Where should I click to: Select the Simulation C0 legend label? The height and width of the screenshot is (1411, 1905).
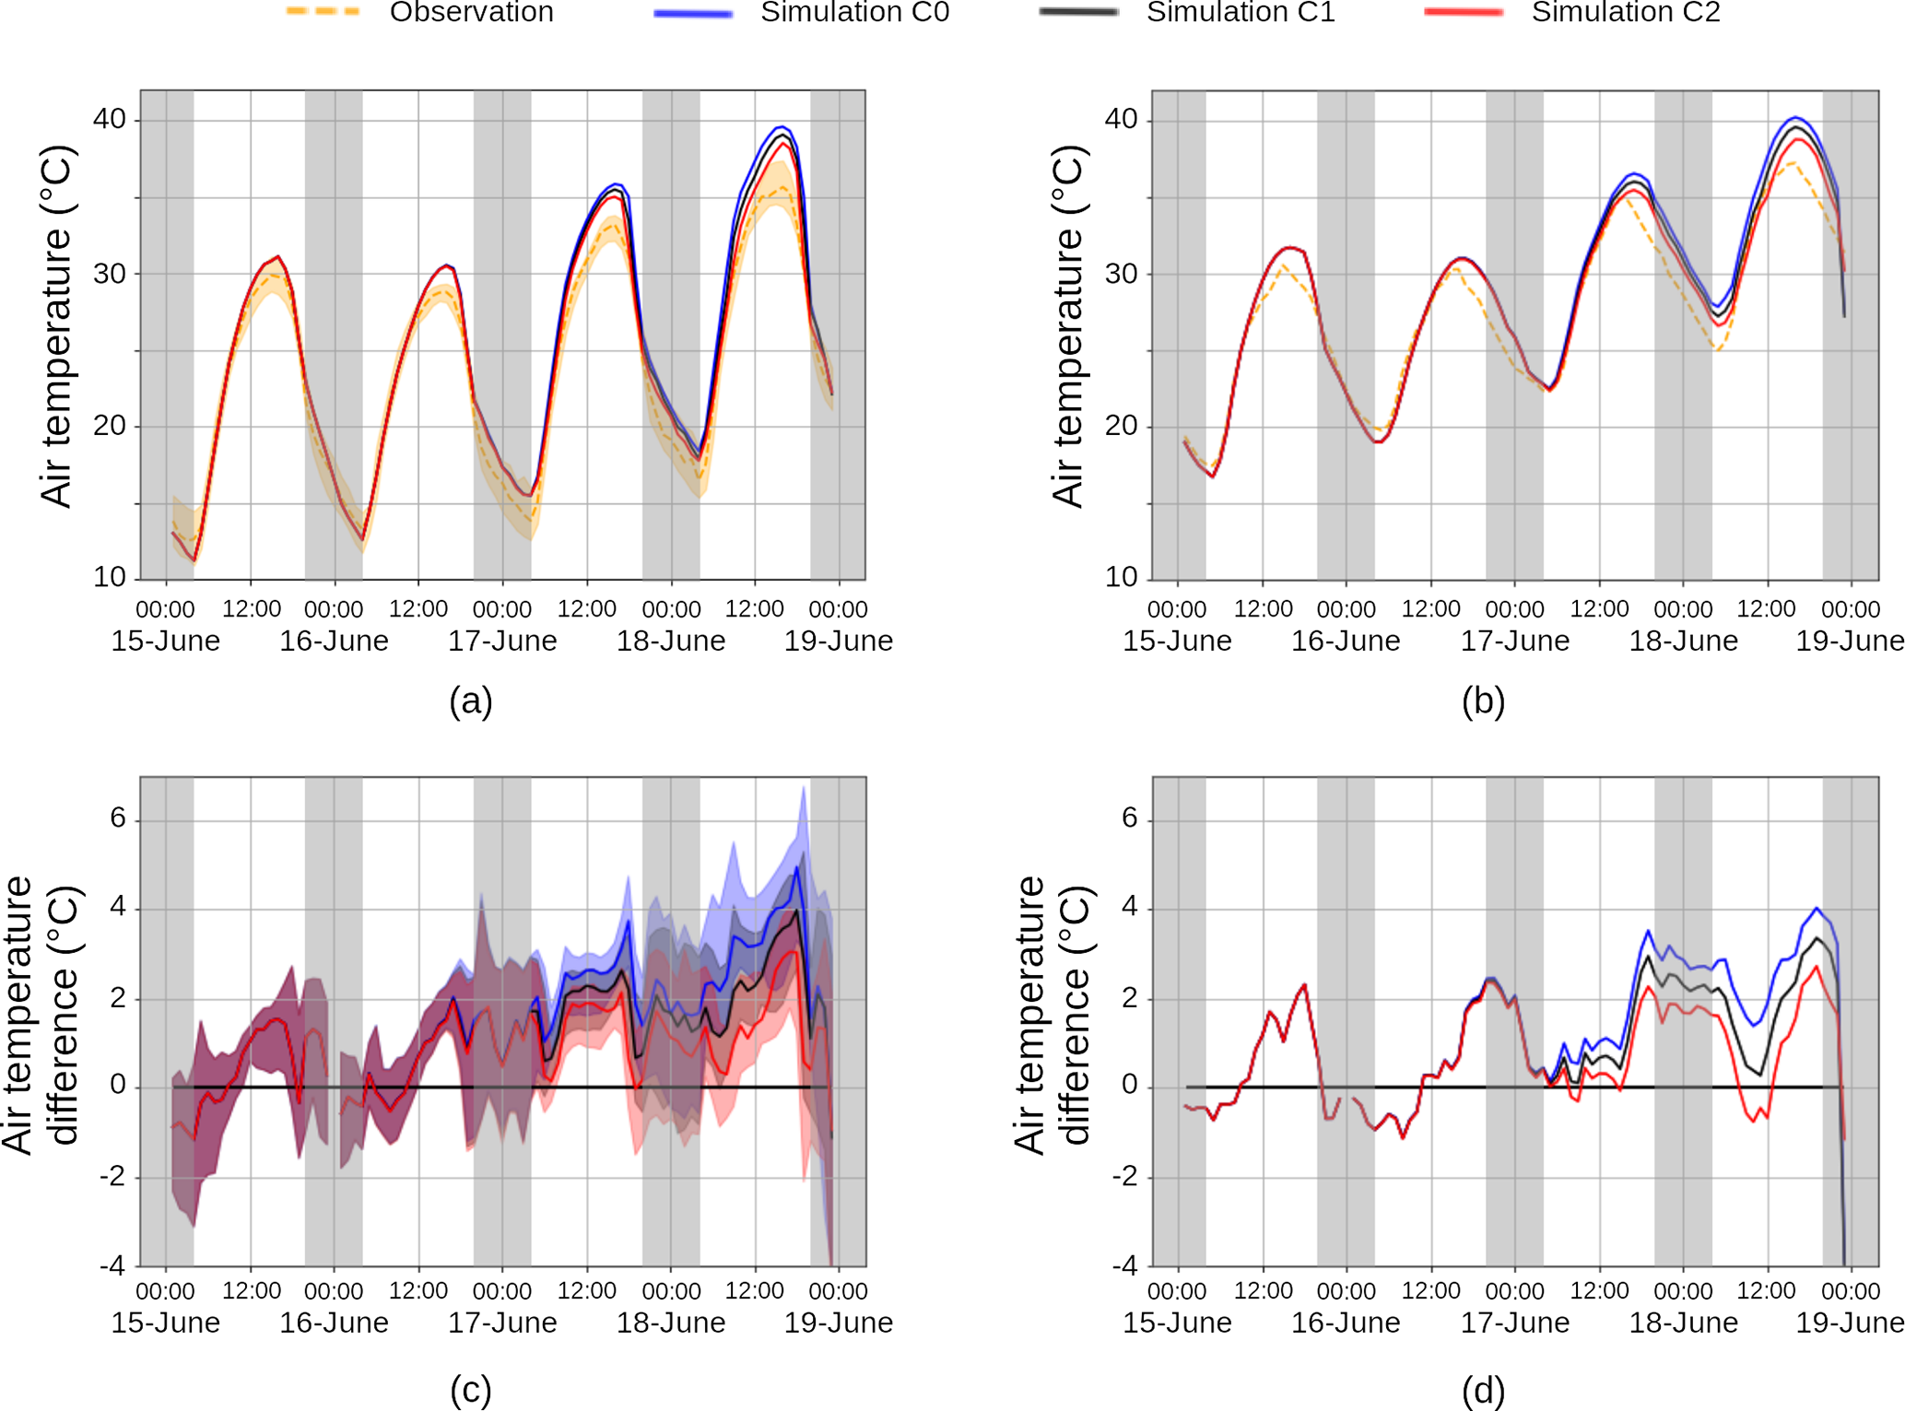(854, 12)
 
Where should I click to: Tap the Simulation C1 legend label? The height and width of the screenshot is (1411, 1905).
(1241, 12)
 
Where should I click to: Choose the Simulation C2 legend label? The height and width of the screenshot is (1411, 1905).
(1626, 12)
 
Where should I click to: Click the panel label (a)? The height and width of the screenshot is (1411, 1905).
(471, 701)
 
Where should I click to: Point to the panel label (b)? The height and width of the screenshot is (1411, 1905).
(1483, 701)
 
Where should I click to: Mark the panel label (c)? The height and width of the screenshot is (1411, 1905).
(471, 1390)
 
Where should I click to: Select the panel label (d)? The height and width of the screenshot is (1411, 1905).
(1483, 1390)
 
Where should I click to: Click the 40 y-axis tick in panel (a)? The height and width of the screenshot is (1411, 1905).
(110, 119)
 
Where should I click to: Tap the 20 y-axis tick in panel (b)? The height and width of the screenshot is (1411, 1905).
(1121, 426)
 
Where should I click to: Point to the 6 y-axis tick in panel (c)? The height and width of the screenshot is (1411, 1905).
(118, 817)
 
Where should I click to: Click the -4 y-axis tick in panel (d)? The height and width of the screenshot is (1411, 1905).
(1124, 1265)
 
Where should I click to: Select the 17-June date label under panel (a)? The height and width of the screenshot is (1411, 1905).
(502, 641)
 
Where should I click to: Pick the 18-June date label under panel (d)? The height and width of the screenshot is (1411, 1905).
(1683, 1323)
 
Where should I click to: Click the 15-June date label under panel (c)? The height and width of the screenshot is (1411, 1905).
(166, 1323)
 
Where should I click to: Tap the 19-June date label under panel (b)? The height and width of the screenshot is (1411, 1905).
(1850, 641)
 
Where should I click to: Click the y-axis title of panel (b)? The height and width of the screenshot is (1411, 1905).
(1068, 326)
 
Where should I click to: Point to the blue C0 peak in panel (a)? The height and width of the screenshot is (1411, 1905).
(782, 126)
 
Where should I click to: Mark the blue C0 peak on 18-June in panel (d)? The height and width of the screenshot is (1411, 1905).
(1648, 931)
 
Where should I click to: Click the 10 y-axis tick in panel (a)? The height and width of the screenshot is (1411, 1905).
(110, 577)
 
